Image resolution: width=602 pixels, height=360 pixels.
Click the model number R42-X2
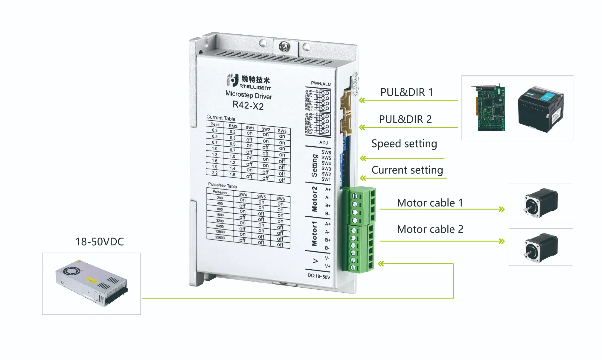tap(248, 106)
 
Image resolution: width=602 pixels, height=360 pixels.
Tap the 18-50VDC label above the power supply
tap(100, 242)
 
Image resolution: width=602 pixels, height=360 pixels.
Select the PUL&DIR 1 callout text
tap(407, 92)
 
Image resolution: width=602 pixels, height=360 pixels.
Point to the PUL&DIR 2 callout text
tap(405, 119)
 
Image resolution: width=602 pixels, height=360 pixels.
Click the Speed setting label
tap(404, 144)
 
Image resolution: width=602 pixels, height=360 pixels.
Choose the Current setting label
tap(407, 170)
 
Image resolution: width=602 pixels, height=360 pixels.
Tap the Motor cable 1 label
tap(430, 203)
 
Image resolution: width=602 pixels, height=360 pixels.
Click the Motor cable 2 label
tap(430, 229)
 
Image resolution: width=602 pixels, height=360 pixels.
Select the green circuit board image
tap(490, 108)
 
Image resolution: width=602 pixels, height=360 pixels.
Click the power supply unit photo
tap(92, 283)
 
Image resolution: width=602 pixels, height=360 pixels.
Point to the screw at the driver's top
tap(284, 46)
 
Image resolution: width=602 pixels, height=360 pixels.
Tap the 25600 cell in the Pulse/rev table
tap(220, 238)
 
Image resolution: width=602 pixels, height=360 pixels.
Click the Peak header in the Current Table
tap(215, 124)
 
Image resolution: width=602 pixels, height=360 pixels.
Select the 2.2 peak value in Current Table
tap(215, 173)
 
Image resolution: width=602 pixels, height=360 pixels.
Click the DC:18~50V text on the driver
tap(319, 276)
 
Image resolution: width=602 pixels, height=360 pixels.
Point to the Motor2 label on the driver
tap(314, 199)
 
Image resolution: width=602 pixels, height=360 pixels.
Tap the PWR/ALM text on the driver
tap(321, 84)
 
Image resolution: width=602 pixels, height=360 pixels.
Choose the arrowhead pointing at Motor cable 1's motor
tap(502, 209)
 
